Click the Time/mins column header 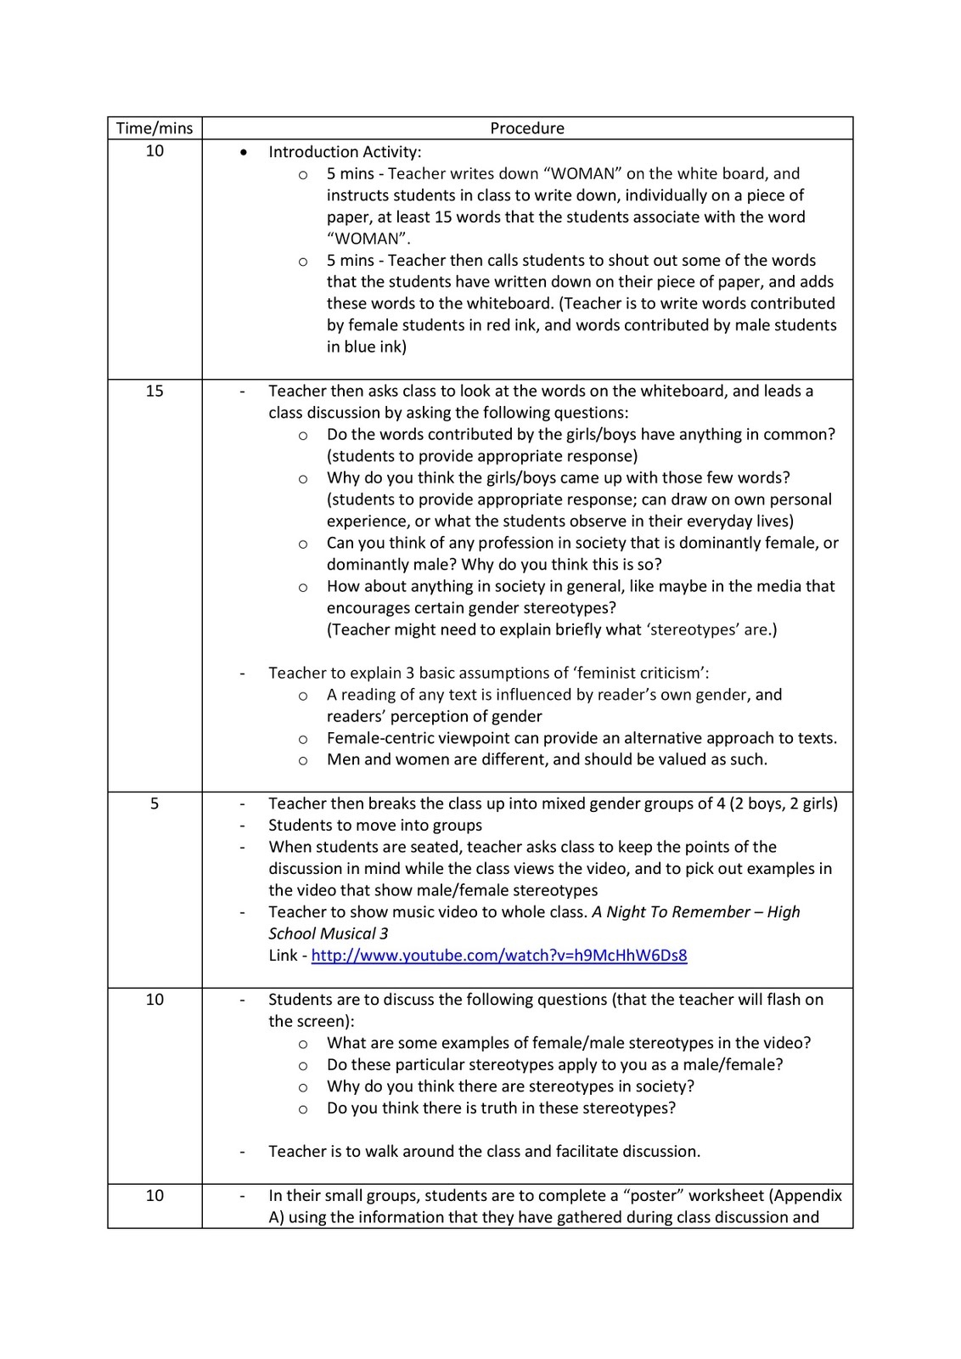click(155, 128)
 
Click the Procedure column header click(526, 128)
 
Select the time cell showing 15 click(155, 392)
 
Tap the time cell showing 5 click(155, 804)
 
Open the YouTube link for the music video click(499, 956)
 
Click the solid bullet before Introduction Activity click(244, 153)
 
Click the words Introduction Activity click(344, 152)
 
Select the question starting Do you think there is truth click(501, 1108)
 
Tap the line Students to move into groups click(375, 826)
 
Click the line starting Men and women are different click(547, 760)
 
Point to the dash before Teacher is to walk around click(244, 1153)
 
